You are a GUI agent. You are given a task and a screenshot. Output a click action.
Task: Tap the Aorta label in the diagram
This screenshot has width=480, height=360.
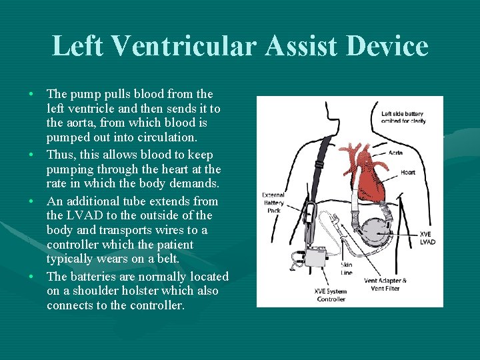[x=395, y=153]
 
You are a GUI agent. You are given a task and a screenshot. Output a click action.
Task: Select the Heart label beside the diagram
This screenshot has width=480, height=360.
[x=407, y=172]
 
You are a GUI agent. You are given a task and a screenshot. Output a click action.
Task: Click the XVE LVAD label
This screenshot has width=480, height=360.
[x=427, y=238]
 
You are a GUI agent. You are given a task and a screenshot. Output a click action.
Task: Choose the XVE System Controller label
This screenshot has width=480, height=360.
[x=331, y=295]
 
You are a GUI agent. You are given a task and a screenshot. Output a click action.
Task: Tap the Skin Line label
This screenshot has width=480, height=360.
[x=347, y=269]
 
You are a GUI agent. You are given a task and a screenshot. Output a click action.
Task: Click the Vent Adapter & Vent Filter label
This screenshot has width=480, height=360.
[x=385, y=284]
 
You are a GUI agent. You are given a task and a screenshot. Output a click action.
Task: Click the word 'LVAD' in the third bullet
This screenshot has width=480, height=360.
[x=81, y=215]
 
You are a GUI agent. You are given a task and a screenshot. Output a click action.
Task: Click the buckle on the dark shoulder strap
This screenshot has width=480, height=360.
[x=319, y=164]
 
